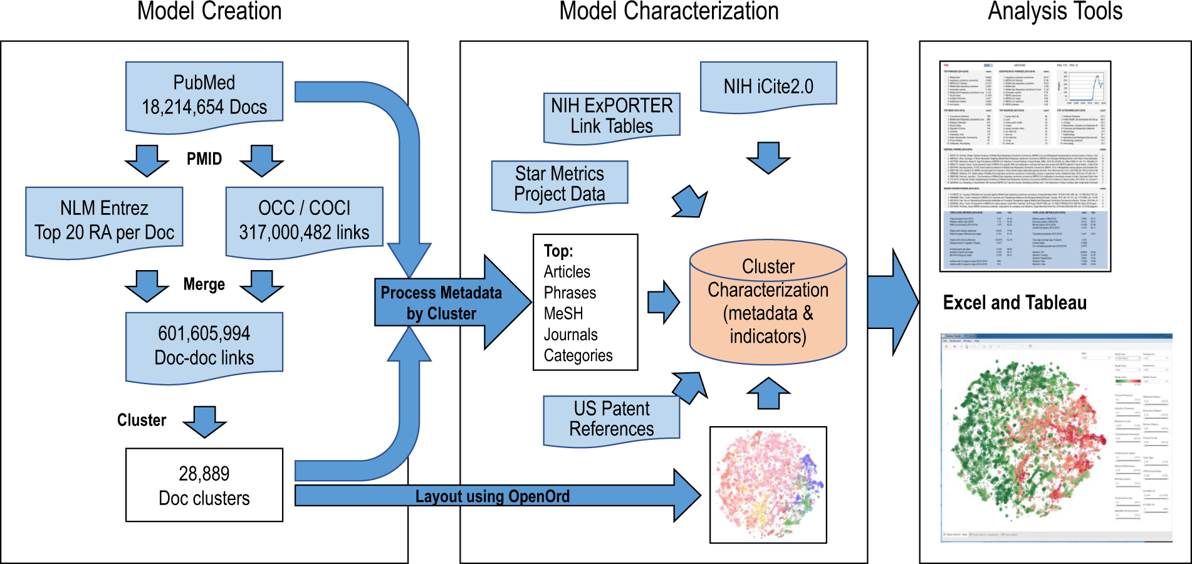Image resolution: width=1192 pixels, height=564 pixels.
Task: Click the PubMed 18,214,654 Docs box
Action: [204, 95]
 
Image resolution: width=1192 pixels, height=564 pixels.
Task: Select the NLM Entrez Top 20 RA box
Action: [104, 221]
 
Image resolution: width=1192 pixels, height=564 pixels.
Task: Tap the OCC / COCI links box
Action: [304, 221]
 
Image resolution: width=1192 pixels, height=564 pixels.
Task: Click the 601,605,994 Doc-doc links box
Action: [204, 346]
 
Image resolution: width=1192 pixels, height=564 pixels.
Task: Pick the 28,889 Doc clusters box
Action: [204, 485]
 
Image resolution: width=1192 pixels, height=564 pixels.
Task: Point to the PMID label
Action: [204, 159]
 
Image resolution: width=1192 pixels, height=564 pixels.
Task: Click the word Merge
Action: [204, 285]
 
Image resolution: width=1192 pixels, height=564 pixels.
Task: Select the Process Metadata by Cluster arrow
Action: [442, 303]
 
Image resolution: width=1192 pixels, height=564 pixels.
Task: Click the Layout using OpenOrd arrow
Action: [493, 496]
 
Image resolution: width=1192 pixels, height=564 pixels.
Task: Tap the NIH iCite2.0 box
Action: [768, 86]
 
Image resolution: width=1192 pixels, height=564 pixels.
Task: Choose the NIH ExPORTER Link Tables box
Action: [612, 116]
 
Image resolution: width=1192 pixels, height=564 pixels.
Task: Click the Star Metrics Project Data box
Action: [560, 184]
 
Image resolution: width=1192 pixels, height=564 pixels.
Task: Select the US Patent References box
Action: [612, 419]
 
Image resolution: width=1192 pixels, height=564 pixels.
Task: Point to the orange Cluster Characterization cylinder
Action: [768, 302]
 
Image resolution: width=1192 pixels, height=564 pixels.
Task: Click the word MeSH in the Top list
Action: [563, 313]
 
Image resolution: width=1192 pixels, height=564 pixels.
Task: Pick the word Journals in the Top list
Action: [570, 335]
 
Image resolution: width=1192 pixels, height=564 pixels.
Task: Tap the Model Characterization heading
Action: [669, 11]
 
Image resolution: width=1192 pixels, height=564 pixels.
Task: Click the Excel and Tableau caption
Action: [1015, 303]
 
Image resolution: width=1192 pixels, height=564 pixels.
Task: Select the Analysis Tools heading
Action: [1055, 11]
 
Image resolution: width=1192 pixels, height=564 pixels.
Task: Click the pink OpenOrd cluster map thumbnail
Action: [768, 485]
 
